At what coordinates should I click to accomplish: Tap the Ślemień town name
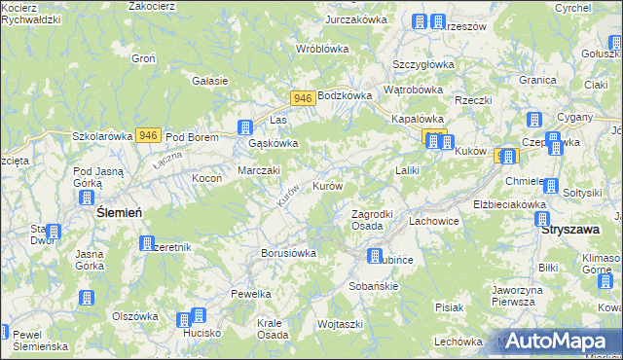(121, 212)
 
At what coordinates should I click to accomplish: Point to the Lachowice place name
(433, 221)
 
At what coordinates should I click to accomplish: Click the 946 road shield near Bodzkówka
(302, 98)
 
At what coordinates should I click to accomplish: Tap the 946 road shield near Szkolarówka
(148, 135)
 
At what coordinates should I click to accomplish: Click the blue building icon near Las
(246, 126)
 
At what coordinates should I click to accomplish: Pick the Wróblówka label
(322, 48)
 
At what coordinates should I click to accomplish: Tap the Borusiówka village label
(289, 253)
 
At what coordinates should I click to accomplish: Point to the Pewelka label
(250, 293)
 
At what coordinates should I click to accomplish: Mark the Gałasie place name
(210, 81)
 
